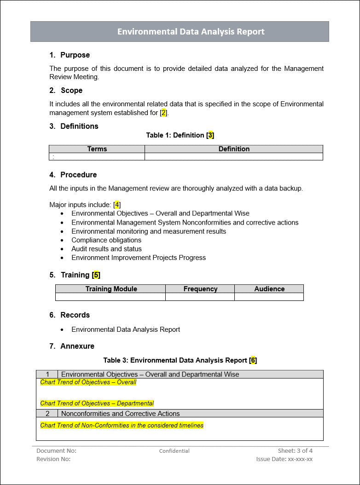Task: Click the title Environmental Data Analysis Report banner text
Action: [191, 32]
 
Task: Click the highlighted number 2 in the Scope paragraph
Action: [163, 113]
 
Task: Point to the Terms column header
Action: [97, 149]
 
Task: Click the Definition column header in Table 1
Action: [234, 149]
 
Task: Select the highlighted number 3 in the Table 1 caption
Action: [210, 135]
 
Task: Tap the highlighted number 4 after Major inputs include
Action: [117, 205]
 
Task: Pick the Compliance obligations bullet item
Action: [106, 240]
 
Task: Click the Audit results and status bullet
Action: [106, 249]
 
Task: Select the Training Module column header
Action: [111, 289]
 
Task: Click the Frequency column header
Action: [200, 289]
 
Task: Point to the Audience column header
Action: [269, 289]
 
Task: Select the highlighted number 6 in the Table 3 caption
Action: [253, 360]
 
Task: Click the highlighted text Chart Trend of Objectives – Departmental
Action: [97, 404]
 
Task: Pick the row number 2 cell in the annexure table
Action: [47, 414]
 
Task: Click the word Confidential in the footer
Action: [174, 451]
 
